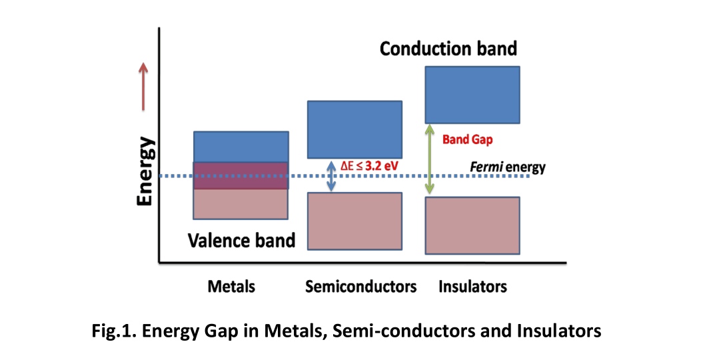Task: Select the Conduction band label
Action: (x=448, y=49)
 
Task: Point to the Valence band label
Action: (x=241, y=240)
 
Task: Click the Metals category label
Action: (x=231, y=287)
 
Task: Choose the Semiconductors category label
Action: (x=360, y=287)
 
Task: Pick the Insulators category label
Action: (x=472, y=287)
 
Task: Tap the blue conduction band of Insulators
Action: (x=472, y=94)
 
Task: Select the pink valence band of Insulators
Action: (x=472, y=225)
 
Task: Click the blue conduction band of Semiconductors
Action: (x=355, y=129)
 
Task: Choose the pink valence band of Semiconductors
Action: (x=355, y=221)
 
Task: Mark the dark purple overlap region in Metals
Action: (x=241, y=176)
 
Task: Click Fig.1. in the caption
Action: (x=111, y=330)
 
